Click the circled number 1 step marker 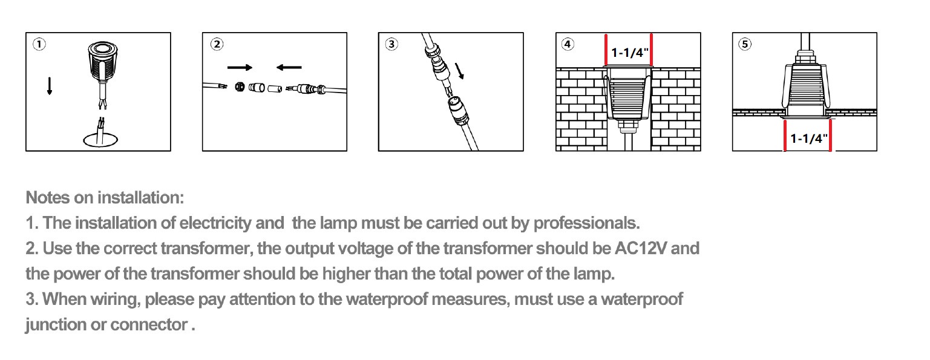point(39,44)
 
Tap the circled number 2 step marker point(217,44)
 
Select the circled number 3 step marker point(391,44)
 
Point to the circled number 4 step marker point(568,44)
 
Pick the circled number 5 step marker point(745,44)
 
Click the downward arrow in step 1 point(50,86)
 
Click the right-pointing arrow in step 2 point(240,67)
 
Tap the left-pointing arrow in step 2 point(289,67)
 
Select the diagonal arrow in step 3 point(459,71)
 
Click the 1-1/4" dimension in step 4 point(629,53)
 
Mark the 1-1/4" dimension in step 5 point(808,139)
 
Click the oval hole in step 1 point(100,140)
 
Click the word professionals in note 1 point(586,223)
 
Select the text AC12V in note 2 point(641,248)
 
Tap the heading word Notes point(48,198)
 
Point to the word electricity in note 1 point(215,223)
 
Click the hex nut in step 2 point(240,87)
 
